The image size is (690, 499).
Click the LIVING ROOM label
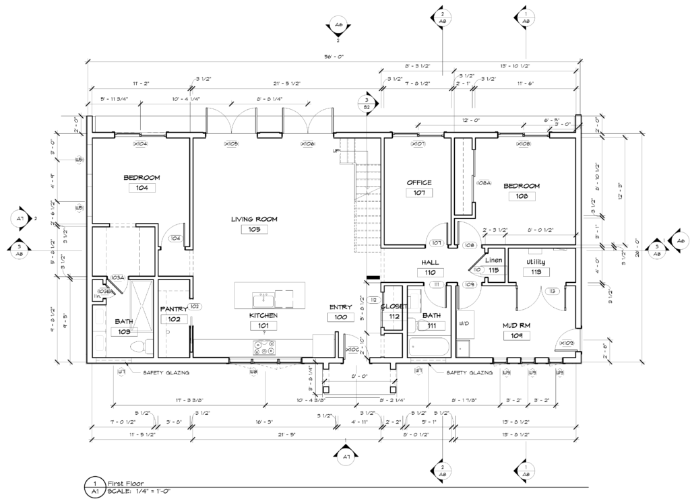click(254, 219)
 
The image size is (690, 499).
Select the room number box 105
click(254, 230)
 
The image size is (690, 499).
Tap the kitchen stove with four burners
click(263, 347)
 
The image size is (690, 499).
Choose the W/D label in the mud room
click(464, 324)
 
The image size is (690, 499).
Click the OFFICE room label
click(418, 182)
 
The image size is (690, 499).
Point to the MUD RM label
click(517, 325)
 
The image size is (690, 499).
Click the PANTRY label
click(173, 309)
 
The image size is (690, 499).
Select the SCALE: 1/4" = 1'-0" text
click(139, 492)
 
